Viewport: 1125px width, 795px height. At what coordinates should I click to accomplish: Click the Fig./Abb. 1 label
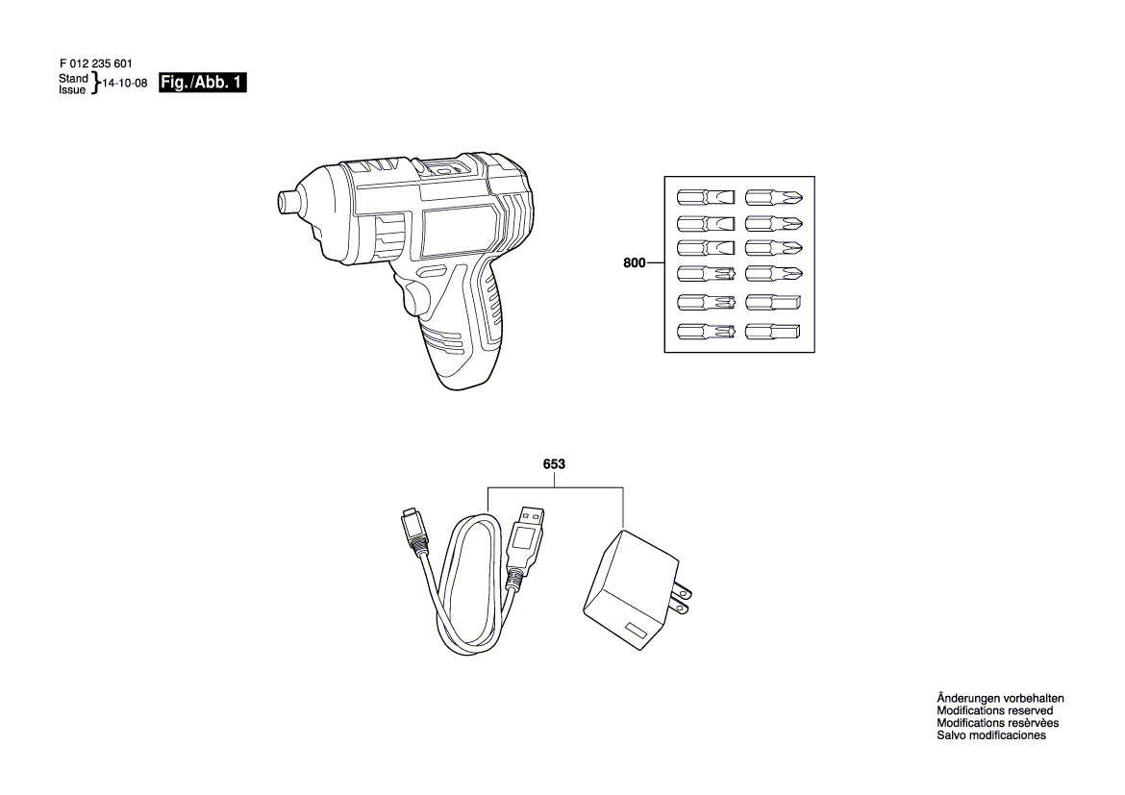coord(202,83)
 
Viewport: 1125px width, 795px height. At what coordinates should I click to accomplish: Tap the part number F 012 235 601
coord(95,63)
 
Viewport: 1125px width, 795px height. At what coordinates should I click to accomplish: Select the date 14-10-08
coord(125,84)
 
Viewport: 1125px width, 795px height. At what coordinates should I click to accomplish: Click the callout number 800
coord(635,263)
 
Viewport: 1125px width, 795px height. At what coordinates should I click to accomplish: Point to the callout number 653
coord(554,464)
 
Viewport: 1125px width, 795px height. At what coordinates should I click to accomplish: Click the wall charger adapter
coord(632,590)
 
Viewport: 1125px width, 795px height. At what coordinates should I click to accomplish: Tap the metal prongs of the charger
coord(681,600)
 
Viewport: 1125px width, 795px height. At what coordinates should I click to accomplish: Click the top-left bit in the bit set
coord(705,197)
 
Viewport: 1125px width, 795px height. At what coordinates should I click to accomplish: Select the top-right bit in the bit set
coord(773,197)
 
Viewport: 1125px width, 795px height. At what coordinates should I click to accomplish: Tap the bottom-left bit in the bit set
coord(705,332)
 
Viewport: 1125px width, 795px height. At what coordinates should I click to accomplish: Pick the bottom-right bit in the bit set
coord(773,332)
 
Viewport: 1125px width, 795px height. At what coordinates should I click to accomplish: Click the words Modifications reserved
coord(995,710)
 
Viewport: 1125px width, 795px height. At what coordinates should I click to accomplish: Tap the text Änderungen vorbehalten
coord(1000,698)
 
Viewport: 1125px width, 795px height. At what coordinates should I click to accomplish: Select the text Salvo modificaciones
coord(991,734)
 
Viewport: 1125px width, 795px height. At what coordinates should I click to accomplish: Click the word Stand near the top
coord(73,78)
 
